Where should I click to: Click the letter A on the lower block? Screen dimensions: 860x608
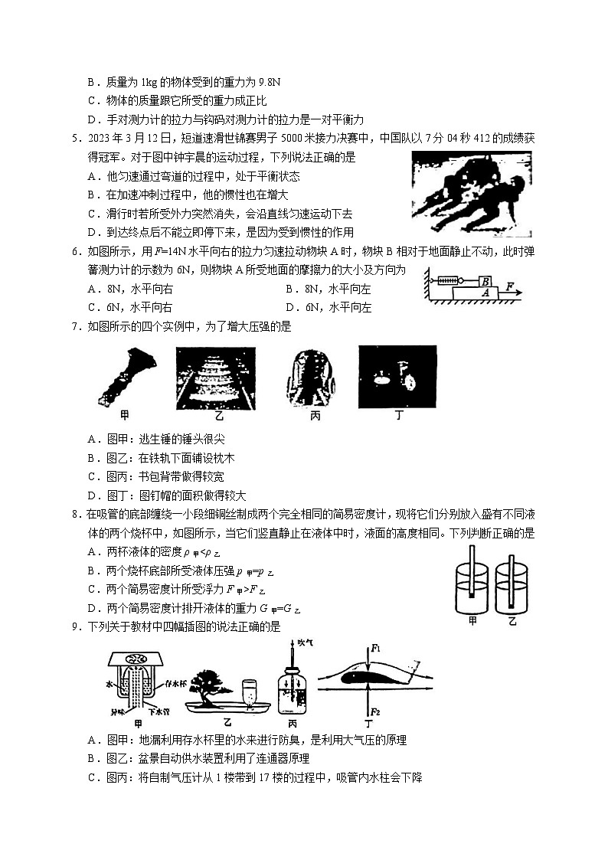pos(484,292)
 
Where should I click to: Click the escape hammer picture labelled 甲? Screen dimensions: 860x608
pos(127,375)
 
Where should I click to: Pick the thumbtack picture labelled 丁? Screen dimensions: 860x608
pos(397,376)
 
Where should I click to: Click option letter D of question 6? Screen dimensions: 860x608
pos(289,308)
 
